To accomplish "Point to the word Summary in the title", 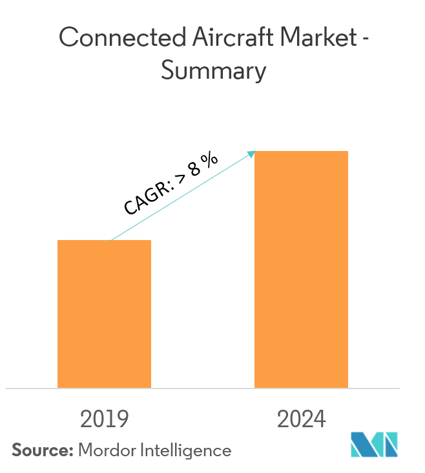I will coord(213,71).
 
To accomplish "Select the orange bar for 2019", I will coord(105,314).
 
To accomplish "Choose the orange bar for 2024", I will coord(301,270).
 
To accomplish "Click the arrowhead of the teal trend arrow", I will coord(253,153).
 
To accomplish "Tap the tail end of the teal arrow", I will coord(111,240).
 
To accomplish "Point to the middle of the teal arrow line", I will coord(182,197).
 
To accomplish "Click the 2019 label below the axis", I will coord(105,419).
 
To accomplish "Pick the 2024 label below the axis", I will coord(302,419).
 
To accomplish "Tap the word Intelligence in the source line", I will coord(185,450).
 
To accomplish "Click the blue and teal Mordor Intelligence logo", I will coord(375,445).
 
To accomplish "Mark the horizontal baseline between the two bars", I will coord(203,388).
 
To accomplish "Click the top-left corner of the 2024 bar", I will coord(255,152).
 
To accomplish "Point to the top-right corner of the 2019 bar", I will coord(150,241).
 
